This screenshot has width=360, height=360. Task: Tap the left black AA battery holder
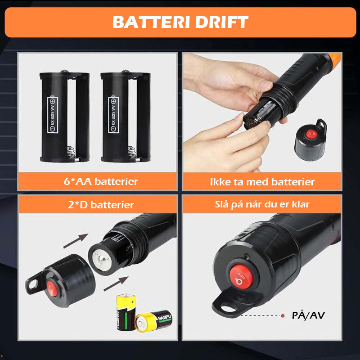pos(64,117)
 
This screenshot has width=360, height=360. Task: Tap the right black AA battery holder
pos(126,117)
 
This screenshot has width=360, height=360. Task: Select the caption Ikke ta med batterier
pos(262,181)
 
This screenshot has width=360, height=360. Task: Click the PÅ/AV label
pos(308,315)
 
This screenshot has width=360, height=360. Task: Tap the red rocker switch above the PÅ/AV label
pos(239,277)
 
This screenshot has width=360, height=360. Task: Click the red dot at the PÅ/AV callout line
pos(283,316)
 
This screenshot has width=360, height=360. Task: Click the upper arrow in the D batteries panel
pos(75,241)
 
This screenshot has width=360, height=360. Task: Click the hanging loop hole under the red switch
pos(229,307)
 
